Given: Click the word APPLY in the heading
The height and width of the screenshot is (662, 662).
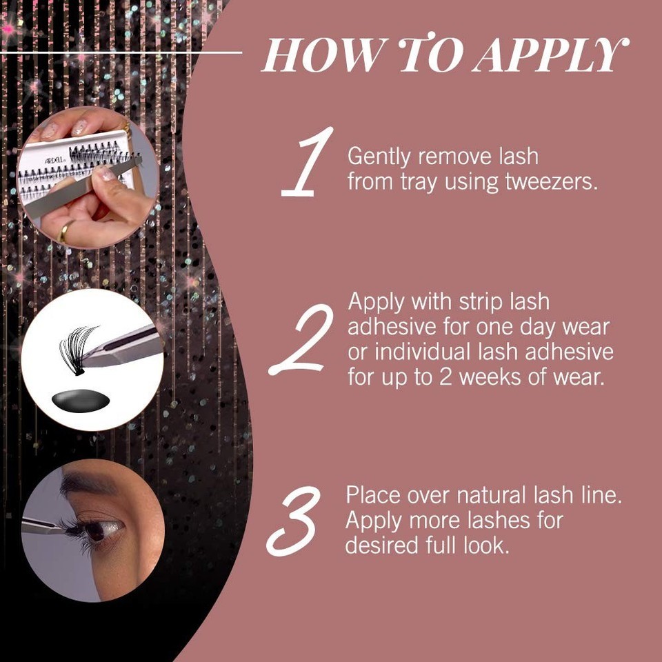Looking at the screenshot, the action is pyautogui.click(x=550, y=54).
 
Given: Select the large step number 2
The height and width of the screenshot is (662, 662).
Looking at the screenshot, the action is pyautogui.click(x=301, y=339).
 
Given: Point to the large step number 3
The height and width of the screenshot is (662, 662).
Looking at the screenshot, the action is pyautogui.click(x=294, y=521).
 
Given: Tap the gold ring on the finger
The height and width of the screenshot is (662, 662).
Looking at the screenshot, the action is pyautogui.click(x=65, y=232).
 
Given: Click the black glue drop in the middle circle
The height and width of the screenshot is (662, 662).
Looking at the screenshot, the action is pyautogui.click(x=81, y=401).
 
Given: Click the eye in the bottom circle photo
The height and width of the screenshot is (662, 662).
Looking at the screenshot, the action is pyautogui.click(x=98, y=529).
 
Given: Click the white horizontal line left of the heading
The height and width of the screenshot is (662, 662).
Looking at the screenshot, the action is pyautogui.click(x=121, y=53).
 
